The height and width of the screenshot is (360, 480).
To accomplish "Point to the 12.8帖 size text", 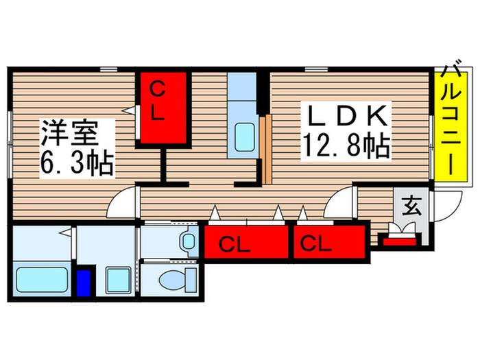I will tap(346, 145).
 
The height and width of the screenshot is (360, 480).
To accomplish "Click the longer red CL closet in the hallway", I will tap(245, 243).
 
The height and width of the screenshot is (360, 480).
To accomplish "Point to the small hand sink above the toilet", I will tap(187, 241).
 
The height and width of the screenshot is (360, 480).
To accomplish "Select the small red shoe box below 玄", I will tap(399, 239).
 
